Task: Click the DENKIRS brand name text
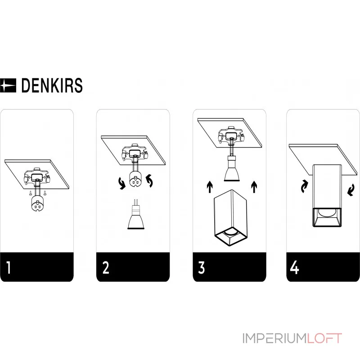(x=52, y=85)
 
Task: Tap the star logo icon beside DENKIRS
(x=8, y=85)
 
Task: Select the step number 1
(x=9, y=267)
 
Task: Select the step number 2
(x=106, y=267)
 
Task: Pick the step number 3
(x=201, y=267)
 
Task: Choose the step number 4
(x=295, y=267)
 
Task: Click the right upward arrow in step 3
(x=255, y=187)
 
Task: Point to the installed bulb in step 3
(x=233, y=169)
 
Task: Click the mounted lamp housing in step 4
(x=328, y=196)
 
